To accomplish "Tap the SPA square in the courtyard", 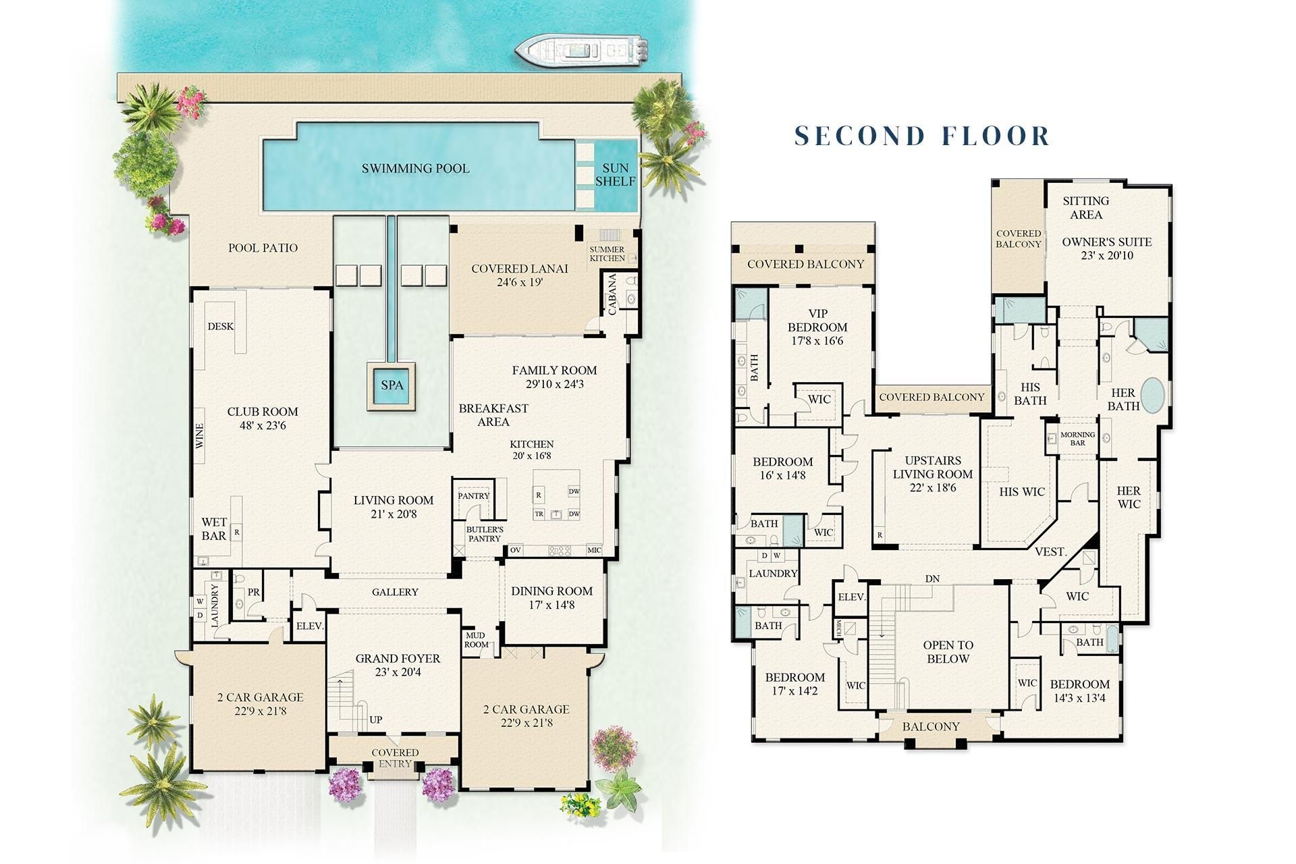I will tap(391, 385).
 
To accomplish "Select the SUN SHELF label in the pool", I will tap(615, 174).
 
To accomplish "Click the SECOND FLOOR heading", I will tap(922, 136).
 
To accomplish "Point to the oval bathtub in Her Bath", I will tap(1153, 395).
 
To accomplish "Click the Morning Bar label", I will tap(1077, 439).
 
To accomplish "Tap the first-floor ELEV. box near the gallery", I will tap(310, 626).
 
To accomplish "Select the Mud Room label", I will tap(476, 640).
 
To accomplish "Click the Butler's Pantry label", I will tap(485, 534).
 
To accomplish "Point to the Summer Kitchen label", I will tap(607, 254).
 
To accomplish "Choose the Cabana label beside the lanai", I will tap(612, 294).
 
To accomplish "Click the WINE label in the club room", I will tap(200, 436).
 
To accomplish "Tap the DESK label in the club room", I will tap(221, 327).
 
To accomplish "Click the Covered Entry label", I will tap(395, 757).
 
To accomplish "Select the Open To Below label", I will tap(948, 652).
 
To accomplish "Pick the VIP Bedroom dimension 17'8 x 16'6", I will tap(817, 341).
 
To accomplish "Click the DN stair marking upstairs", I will tap(932, 579).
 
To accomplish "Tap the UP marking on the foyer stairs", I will tap(376, 720).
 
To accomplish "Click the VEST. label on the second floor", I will tap(1050, 552).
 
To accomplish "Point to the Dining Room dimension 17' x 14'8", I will tap(551, 605).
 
